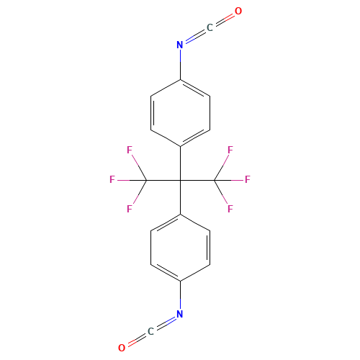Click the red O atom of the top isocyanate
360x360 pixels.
click(x=238, y=12)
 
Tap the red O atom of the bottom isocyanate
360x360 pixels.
click(x=122, y=348)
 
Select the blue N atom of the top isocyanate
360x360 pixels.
click(x=180, y=45)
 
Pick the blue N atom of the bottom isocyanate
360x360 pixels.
click(x=180, y=314)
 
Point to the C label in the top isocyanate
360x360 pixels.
click(x=210, y=28)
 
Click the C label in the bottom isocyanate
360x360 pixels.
click(x=150, y=331)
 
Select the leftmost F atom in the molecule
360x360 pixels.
click(x=112, y=179)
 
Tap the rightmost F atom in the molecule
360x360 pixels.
click(x=247, y=179)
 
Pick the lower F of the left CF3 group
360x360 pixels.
click(x=130, y=209)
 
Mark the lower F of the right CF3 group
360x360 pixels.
click(x=230, y=209)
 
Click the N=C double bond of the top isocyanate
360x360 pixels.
click(x=194, y=37)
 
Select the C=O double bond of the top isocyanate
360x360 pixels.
click(x=224, y=20)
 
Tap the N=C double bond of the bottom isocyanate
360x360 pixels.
click(x=166, y=323)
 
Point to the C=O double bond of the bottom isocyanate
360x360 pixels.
click(x=136, y=340)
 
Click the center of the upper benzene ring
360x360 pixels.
click(x=180, y=112)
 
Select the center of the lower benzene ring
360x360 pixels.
click(x=180, y=247)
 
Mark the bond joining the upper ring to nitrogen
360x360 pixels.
click(x=180, y=64)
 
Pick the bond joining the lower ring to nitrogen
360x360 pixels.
click(x=180, y=295)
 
